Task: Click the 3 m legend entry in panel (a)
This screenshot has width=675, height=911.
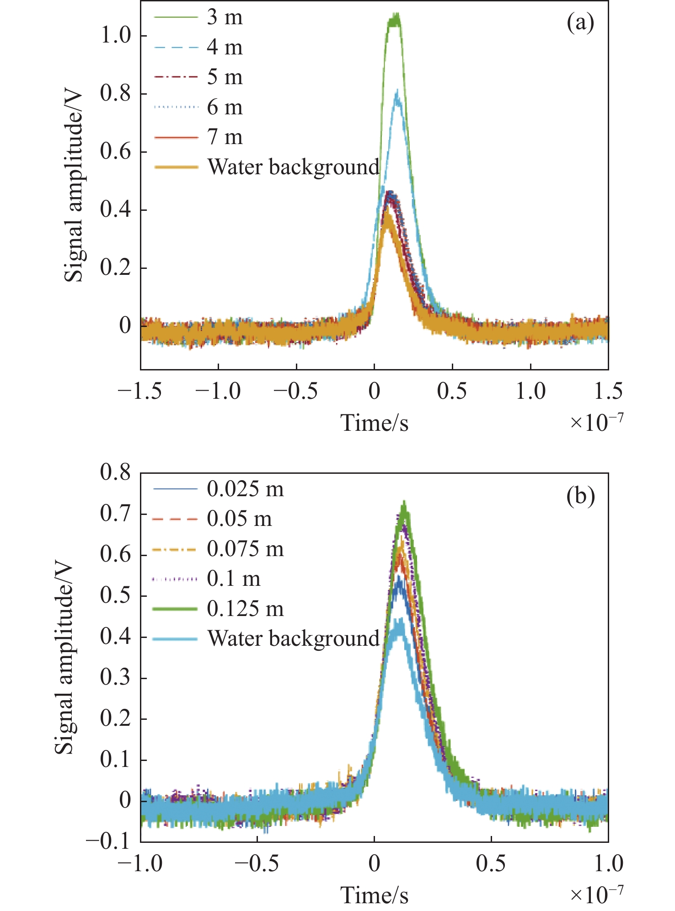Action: [225, 17]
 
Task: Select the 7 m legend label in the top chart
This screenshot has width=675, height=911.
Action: [225, 137]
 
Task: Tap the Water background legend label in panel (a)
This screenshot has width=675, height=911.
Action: [293, 167]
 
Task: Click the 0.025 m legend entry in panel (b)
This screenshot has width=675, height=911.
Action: [245, 489]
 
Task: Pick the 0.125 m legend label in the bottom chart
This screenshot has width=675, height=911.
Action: [245, 609]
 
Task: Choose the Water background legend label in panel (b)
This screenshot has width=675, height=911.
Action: [293, 638]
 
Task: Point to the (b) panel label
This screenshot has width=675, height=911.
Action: [580, 496]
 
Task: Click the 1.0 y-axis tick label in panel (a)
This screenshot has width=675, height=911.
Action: [116, 36]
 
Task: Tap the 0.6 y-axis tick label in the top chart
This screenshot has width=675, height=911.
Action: [116, 152]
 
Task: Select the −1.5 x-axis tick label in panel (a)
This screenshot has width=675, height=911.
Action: [140, 391]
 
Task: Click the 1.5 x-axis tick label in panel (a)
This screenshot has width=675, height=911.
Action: [608, 391]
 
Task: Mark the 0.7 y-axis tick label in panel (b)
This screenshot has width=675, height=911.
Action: [116, 514]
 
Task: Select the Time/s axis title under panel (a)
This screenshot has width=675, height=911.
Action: [374, 423]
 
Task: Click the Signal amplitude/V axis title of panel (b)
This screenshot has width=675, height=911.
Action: [64, 659]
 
